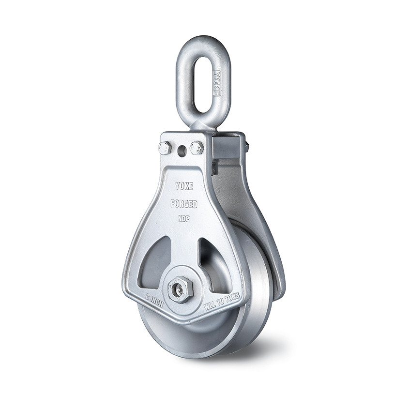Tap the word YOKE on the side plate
184,186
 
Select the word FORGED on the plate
183,204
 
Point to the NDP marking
183,218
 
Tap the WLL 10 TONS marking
222,301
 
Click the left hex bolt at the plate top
165,148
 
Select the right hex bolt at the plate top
197,148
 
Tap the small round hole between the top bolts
182,151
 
